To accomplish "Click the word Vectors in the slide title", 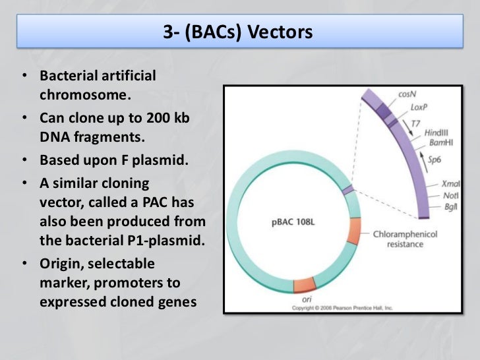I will pyautogui.click(x=280, y=32).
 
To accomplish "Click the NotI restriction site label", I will pyautogui.click(x=452, y=196).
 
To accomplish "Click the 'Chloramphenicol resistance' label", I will pyautogui.click(x=405, y=239).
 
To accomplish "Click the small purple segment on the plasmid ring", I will pyautogui.click(x=348, y=190).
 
